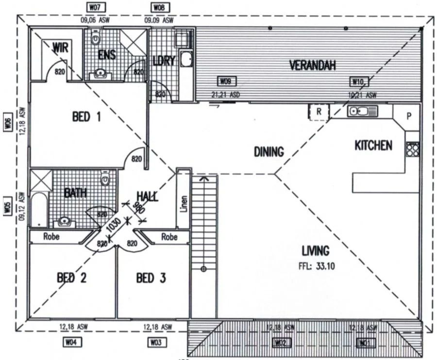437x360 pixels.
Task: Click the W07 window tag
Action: tap(95, 8)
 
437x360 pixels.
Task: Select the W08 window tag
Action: tap(158, 8)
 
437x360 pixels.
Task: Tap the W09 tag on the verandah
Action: tap(225, 82)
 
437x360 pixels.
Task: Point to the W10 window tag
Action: tap(359, 82)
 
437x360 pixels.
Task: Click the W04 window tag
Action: tap(71, 343)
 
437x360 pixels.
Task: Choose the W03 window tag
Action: tap(155, 343)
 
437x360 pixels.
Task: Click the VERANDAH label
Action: tap(312, 65)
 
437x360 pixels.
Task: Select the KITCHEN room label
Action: tap(373, 146)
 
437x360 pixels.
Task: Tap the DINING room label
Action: tap(269, 152)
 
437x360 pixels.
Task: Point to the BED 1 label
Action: tap(86, 117)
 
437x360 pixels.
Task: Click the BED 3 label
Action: tap(151, 278)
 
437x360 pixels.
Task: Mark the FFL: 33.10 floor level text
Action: tap(316, 266)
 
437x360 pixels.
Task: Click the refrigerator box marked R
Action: tap(319, 111)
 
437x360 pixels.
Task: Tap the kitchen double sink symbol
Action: tap(362, 112)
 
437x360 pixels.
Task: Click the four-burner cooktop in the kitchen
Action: tap(412, 149)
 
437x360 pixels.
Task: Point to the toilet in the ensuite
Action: tap(96, 37)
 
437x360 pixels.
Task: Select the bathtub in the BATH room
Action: tap(39, 210)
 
